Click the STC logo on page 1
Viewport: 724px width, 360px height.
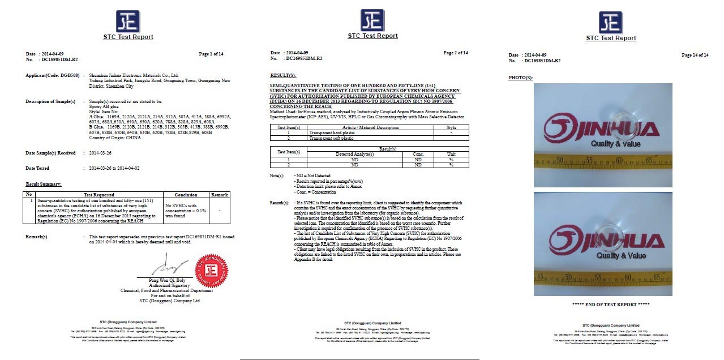point(128,22)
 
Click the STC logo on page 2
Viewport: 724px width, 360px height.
point(372,20)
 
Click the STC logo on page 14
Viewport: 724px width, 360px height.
point(611,23)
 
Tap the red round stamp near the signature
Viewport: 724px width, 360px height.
point(211,271)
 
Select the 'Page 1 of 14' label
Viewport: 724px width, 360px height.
point(211,54)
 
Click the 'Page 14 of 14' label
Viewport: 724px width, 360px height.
point(695,55)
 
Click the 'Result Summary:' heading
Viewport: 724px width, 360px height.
point(44,185)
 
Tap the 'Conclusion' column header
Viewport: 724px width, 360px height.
point(186,195)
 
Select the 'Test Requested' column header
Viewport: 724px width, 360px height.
point(99,195)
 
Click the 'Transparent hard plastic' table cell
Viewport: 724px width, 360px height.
point(332,132)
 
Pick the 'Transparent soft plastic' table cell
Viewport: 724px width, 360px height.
point(331,138)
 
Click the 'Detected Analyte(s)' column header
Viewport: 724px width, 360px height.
point(355,154)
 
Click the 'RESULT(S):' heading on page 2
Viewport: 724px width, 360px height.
point(284,75)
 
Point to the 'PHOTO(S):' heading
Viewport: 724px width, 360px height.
point(521,78)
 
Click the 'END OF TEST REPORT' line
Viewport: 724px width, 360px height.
point(611,305)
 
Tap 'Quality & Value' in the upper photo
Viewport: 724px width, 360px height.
point(615,144)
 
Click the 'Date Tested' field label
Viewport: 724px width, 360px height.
point(37,168)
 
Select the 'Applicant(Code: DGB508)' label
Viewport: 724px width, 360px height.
point(53,75)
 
